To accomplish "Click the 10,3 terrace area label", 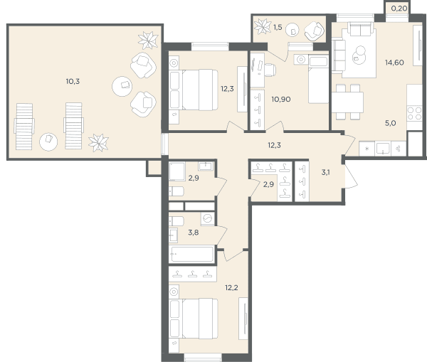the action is click(73, 81).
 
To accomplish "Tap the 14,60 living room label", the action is click(394, 63).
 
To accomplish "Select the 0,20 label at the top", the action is click(399, 9).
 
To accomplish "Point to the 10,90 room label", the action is click(281, 100).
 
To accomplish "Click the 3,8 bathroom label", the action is click(194, 233).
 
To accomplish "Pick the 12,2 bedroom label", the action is click(231, 288).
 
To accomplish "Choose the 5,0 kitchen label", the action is click(390, 123).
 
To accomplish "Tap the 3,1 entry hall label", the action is click(326, 172).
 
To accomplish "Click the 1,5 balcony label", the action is click(278, 27).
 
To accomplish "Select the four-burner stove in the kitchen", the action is click(414, 114).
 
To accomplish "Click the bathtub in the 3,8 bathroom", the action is click(192, 254).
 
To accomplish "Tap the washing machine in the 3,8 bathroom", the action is click(208, 218).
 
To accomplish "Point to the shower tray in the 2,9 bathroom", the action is click(176, 171).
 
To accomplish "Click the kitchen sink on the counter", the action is click(383, 149).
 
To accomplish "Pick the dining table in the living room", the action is click(347, 102).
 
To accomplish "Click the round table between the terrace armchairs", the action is click(122, 86).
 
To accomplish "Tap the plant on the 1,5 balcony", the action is click(263, 26).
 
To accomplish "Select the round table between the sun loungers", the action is click(48, 142).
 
